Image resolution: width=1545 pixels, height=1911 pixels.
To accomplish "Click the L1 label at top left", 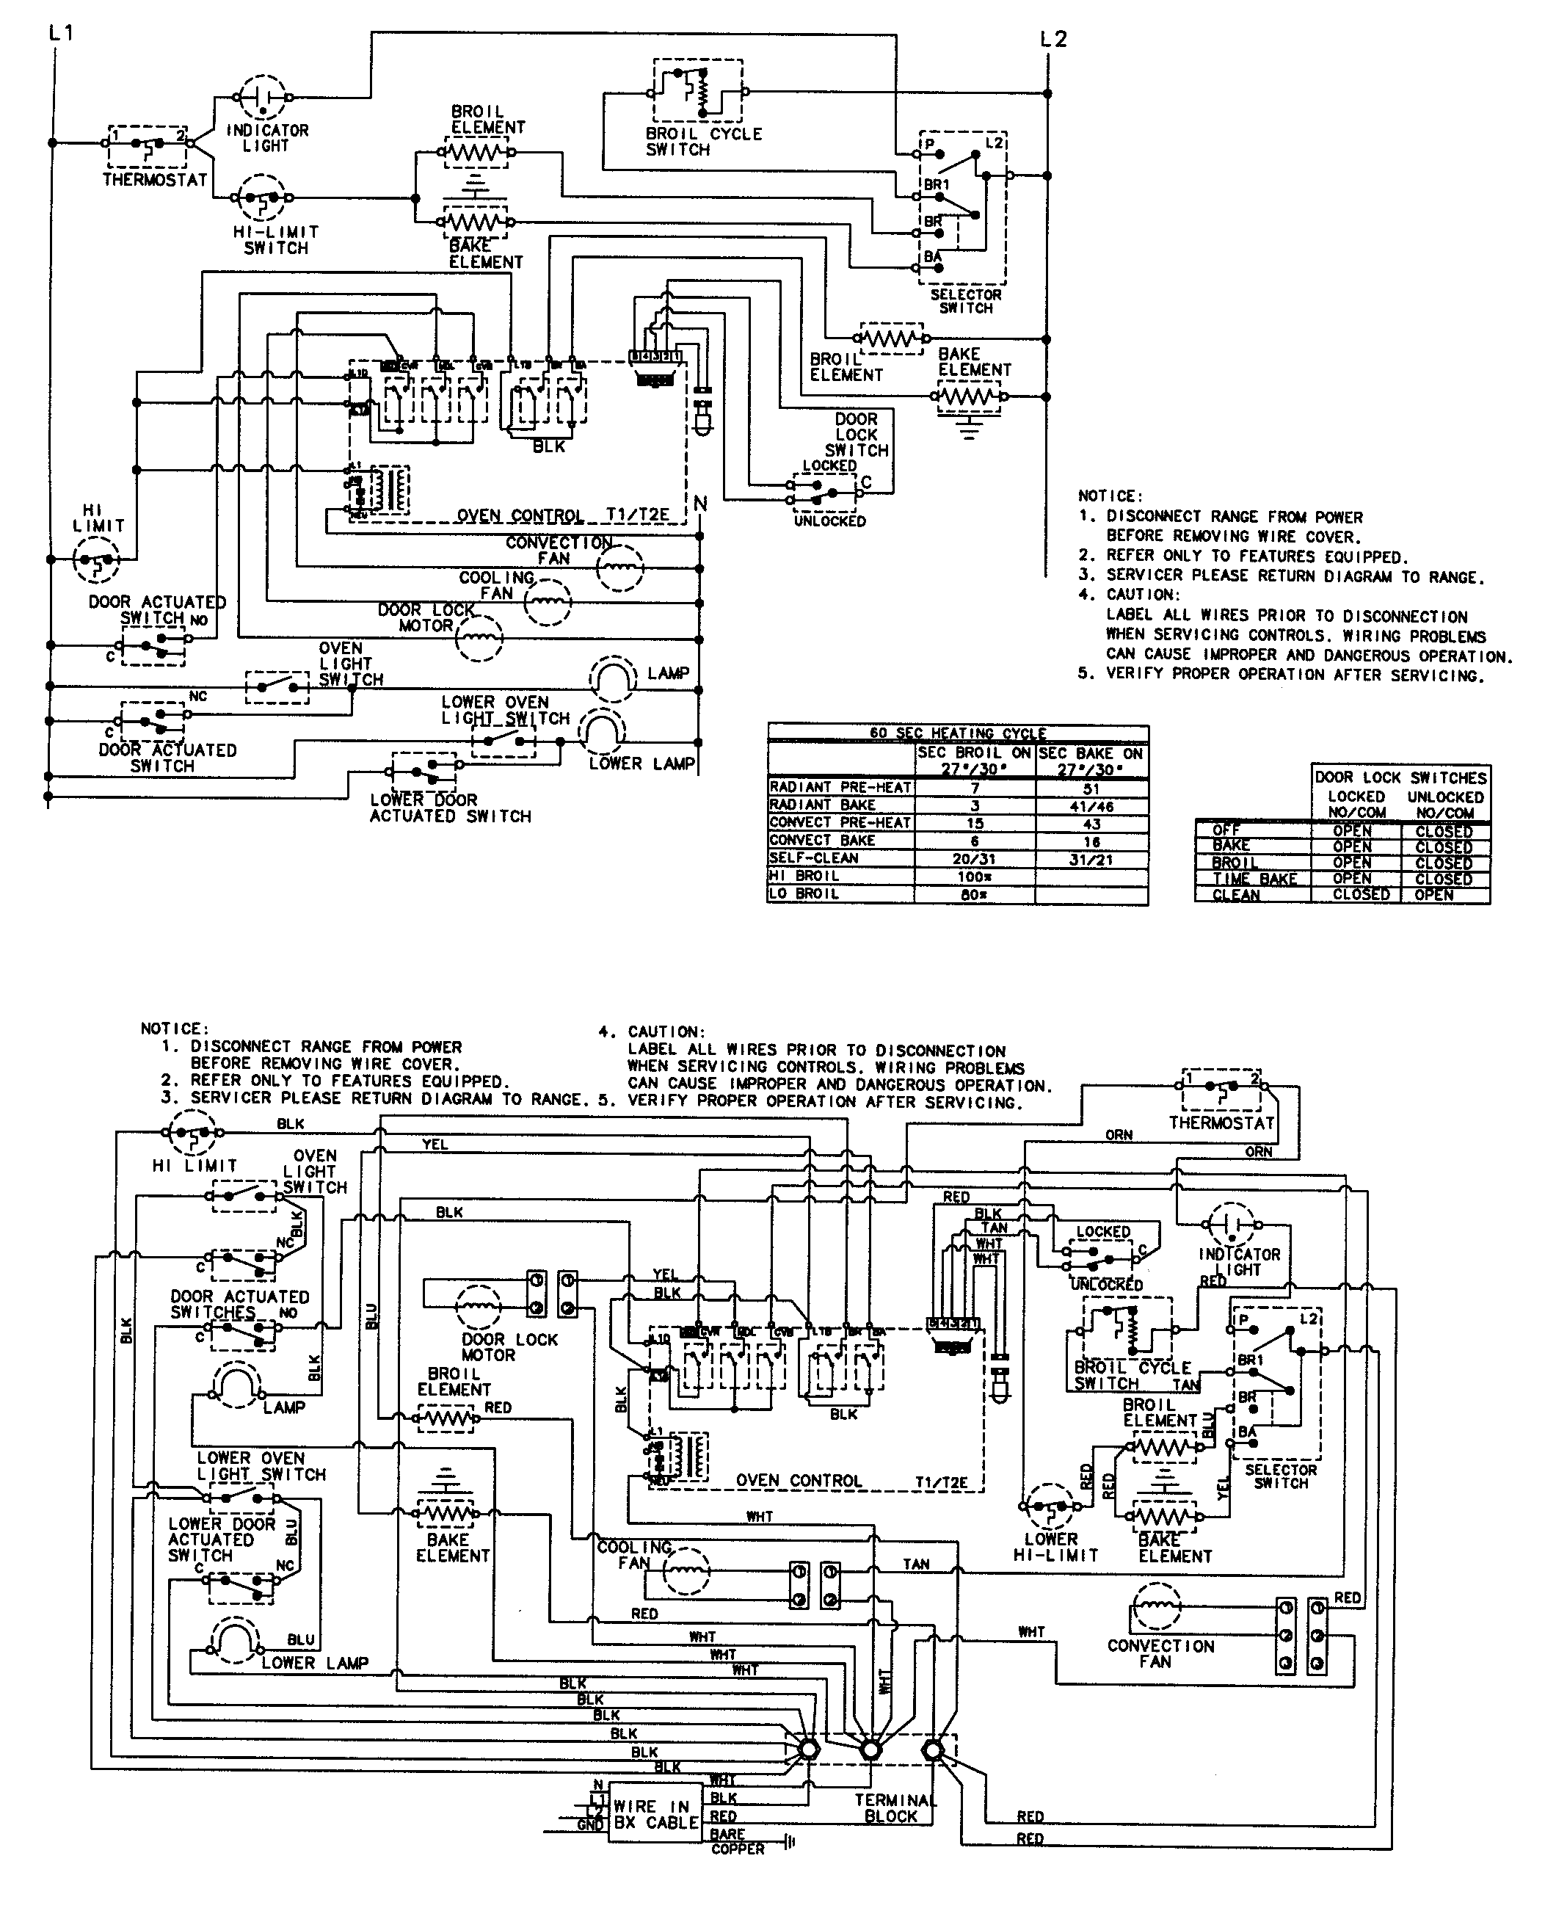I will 62,33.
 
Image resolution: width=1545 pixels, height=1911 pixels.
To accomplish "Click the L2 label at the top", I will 1053,39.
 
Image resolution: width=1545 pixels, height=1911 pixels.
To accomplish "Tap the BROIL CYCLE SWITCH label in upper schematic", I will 703,142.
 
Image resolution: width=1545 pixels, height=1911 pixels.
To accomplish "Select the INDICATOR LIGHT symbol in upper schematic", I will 263,97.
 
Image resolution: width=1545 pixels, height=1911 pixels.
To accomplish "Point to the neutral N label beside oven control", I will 700,504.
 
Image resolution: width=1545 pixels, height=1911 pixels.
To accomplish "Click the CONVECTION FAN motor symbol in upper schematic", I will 619,568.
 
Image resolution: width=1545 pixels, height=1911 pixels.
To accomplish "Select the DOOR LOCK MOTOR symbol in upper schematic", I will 479,637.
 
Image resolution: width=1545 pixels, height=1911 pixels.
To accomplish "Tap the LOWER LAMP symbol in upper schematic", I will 603,730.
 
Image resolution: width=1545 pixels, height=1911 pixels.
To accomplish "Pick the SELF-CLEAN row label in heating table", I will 813,858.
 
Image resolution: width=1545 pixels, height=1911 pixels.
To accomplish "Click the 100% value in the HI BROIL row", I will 975,876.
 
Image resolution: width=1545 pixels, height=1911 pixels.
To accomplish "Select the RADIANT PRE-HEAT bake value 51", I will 1091,788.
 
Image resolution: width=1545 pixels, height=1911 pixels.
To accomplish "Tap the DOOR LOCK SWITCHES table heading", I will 1400,777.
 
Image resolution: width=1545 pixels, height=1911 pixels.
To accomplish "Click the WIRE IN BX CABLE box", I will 656,1813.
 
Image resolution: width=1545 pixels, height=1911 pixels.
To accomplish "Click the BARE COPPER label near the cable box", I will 737,1841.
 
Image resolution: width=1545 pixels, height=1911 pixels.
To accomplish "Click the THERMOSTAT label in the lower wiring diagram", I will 1221,1123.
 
